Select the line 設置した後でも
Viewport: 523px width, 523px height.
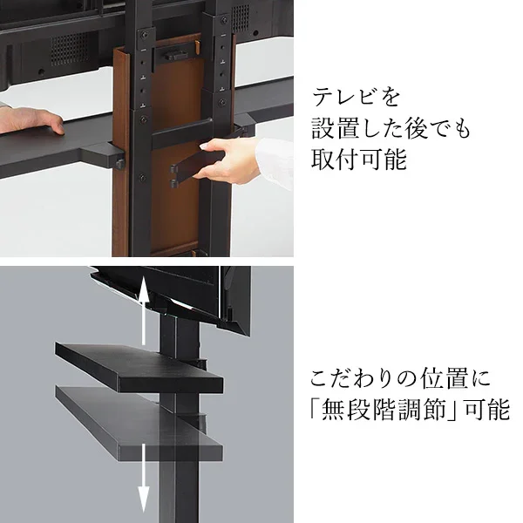pyautogui.click(x=390, y=129)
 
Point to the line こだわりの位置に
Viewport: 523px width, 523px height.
pyautogui.click(x=400, y=380)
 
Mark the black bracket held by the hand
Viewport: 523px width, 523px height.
pyautogui.click(x=185, y=166)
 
